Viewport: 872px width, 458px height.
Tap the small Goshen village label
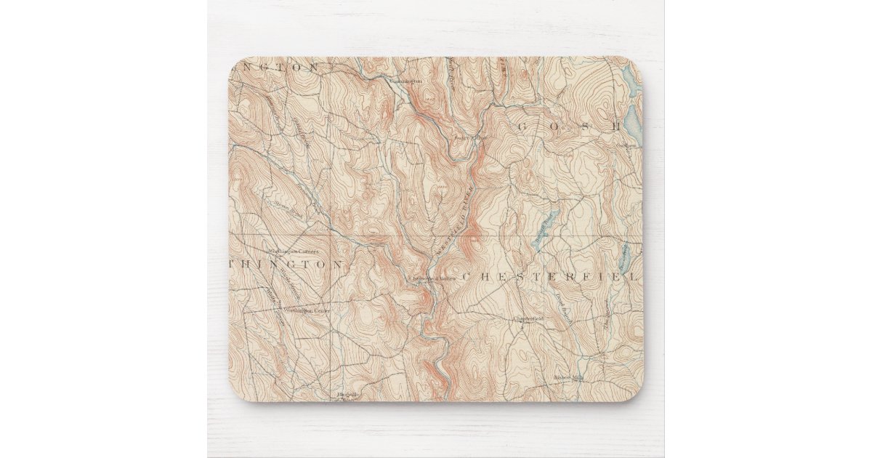pyautogui.click(x=626, y=145)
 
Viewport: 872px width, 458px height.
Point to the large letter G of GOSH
pyautogui.click(x=522, y=127)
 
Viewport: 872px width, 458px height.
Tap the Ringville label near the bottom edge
pyautogui.click(x=348, y=394)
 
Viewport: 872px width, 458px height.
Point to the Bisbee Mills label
pyautogui.click(x=568, y=377)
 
